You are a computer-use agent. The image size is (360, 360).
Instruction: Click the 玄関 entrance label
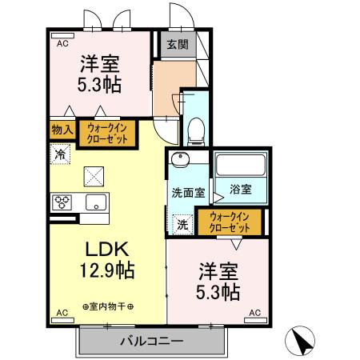177,46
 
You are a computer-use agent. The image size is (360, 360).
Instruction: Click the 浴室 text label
240,190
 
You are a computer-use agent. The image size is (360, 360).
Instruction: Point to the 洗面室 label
188,193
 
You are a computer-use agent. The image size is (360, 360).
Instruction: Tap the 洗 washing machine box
182,225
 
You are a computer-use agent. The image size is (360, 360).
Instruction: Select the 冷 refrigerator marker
62,152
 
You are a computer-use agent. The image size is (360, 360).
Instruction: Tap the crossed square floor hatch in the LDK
94,174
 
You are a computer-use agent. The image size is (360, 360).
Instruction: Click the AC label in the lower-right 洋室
254,311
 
